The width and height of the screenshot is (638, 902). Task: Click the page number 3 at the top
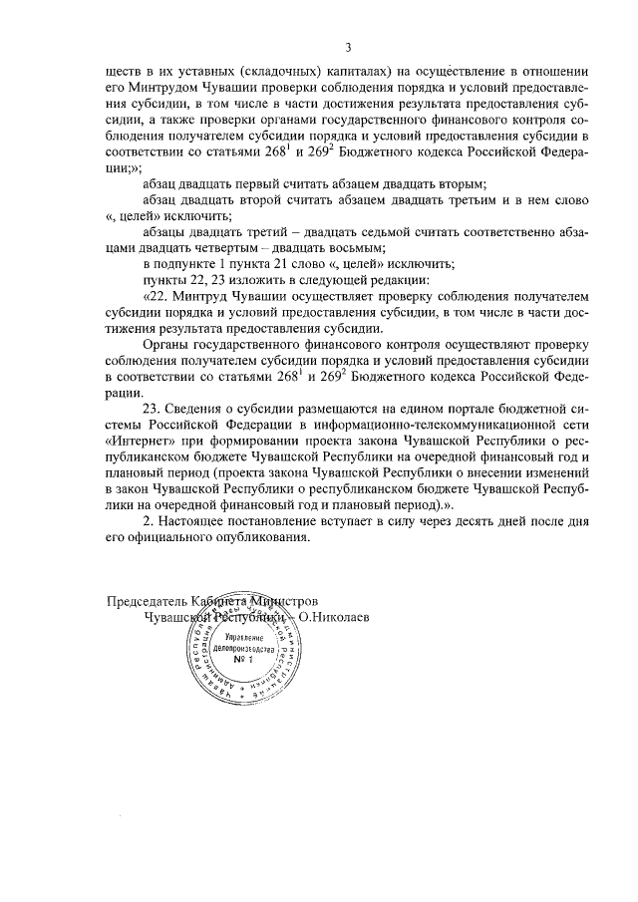(x=349, y=47)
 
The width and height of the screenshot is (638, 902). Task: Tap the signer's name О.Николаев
(x=336, y=617)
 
